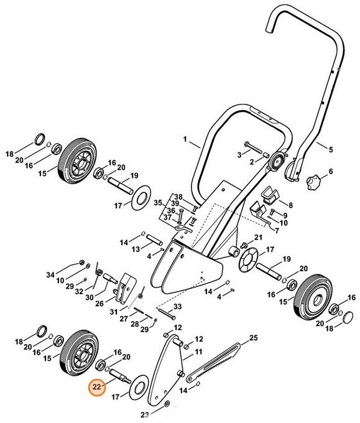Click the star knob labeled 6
[311, 181]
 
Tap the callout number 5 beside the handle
[331, 149]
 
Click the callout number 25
[253, 338]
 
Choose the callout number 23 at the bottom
[144, 414]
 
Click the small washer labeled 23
[166, 405]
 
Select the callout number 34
[50, 274]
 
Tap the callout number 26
[99, 305]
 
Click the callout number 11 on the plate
[198, 352]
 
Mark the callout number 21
[259, 238]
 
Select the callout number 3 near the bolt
[238, 154]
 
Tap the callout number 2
[252, 162]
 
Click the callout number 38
[178, 196]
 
